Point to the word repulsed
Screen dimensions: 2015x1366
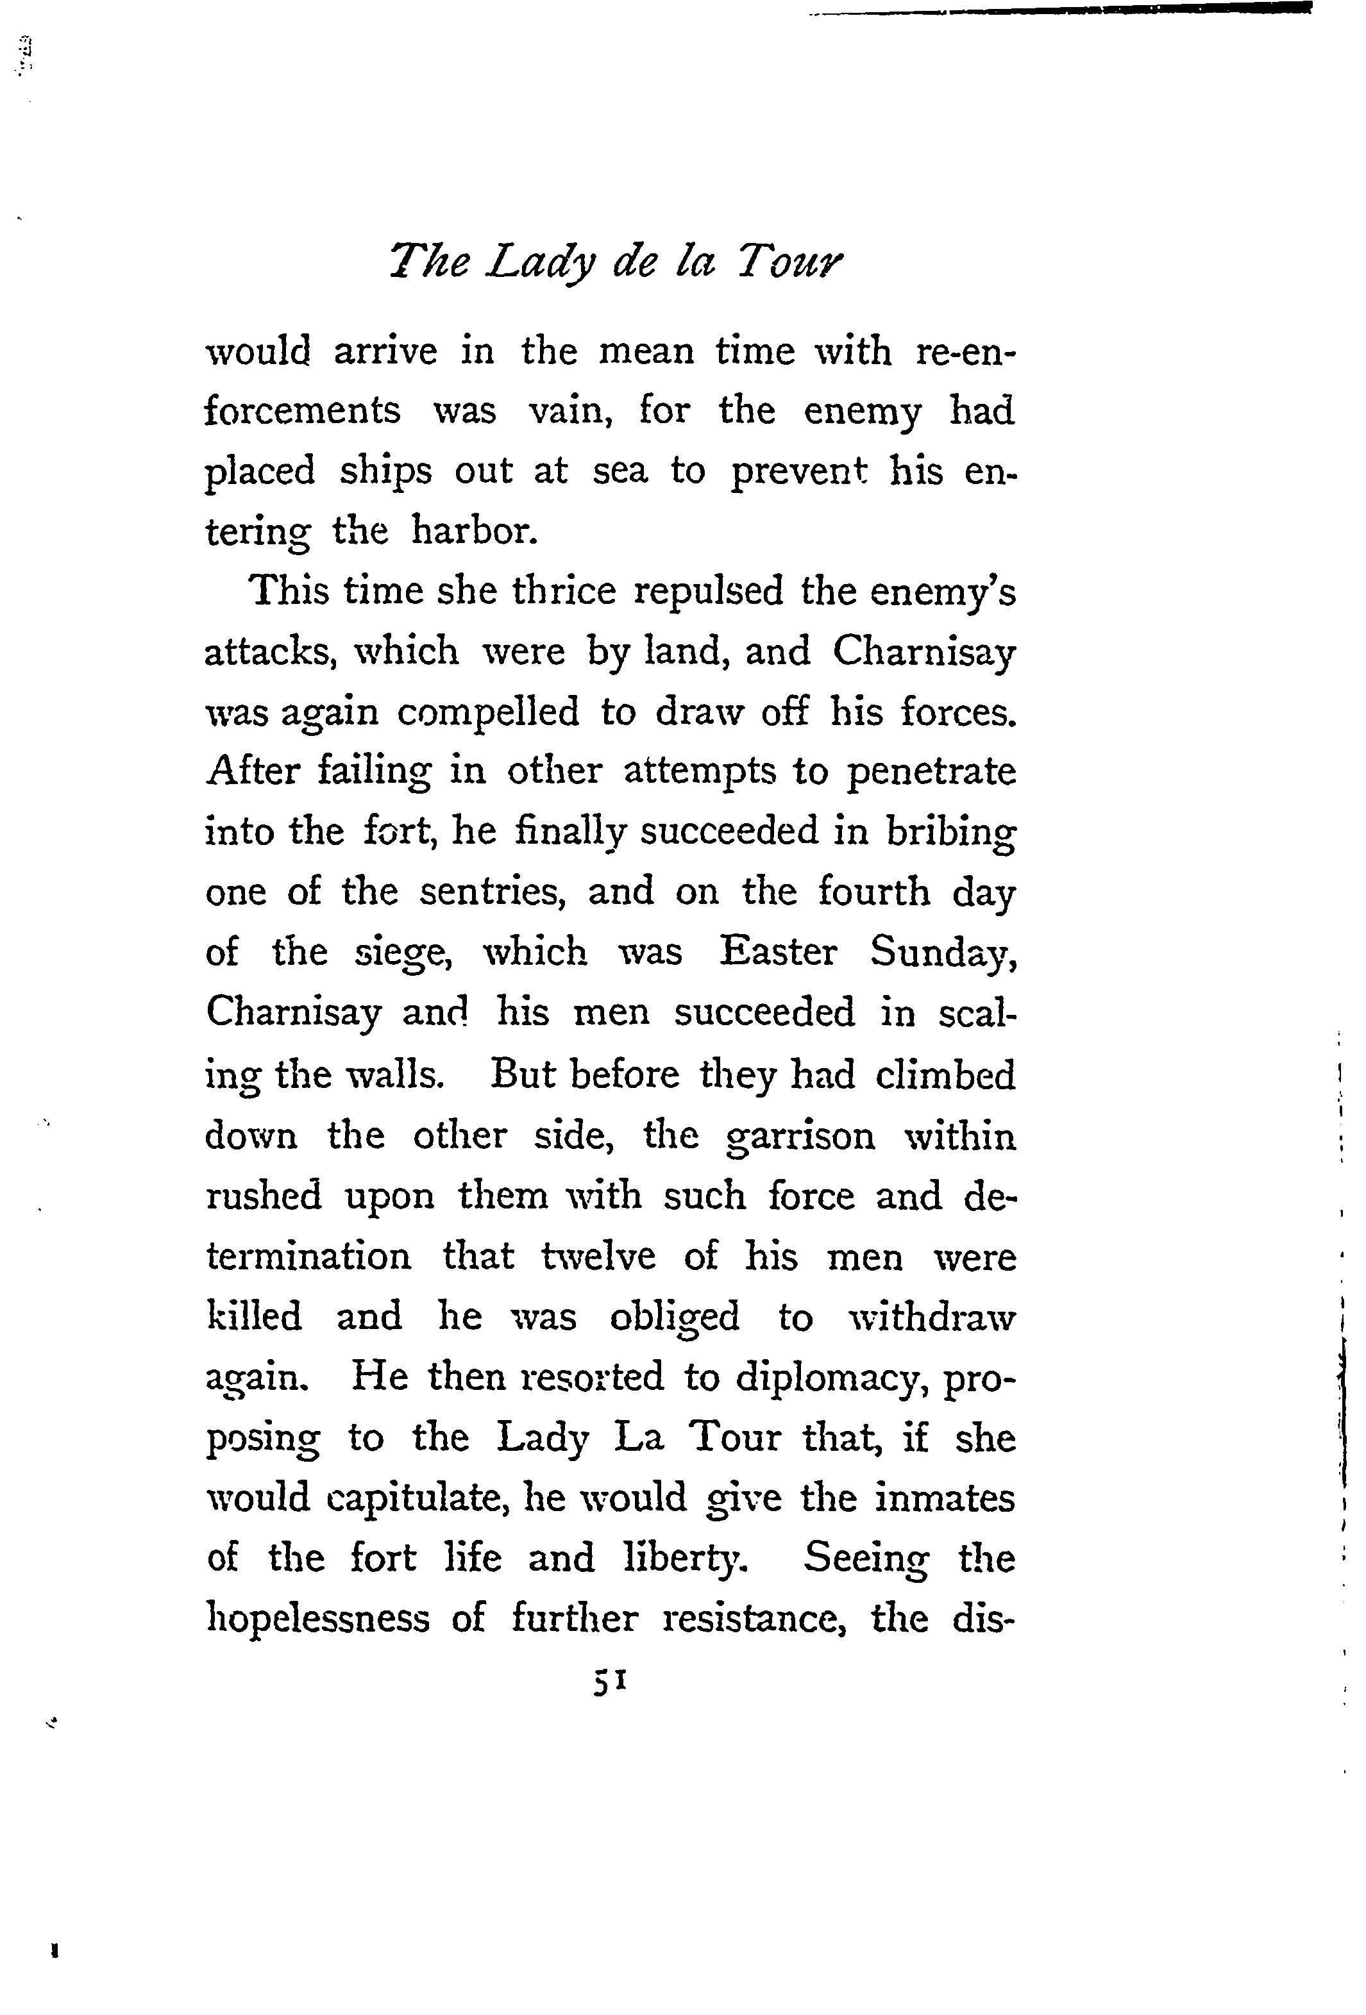709,591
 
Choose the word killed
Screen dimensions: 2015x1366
253,1316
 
